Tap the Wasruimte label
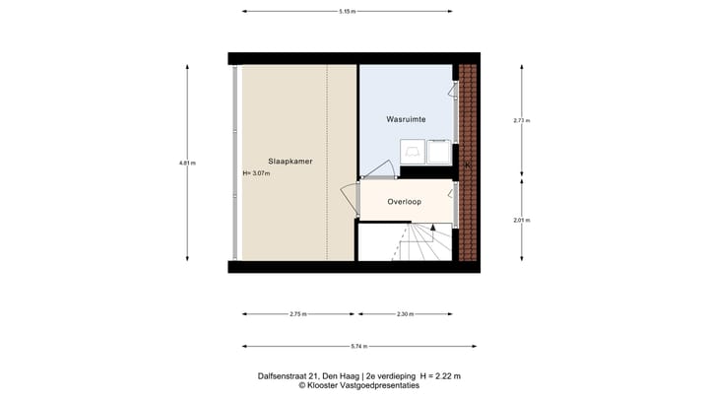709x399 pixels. coord(405,118)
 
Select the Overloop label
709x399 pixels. coord(405,201)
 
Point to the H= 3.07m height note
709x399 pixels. coord(256,173)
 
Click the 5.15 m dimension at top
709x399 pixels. coord(347,12)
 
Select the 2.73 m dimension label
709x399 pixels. coord(522,120)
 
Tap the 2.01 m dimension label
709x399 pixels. coord(522,220)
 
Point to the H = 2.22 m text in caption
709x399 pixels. coord(440,376)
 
